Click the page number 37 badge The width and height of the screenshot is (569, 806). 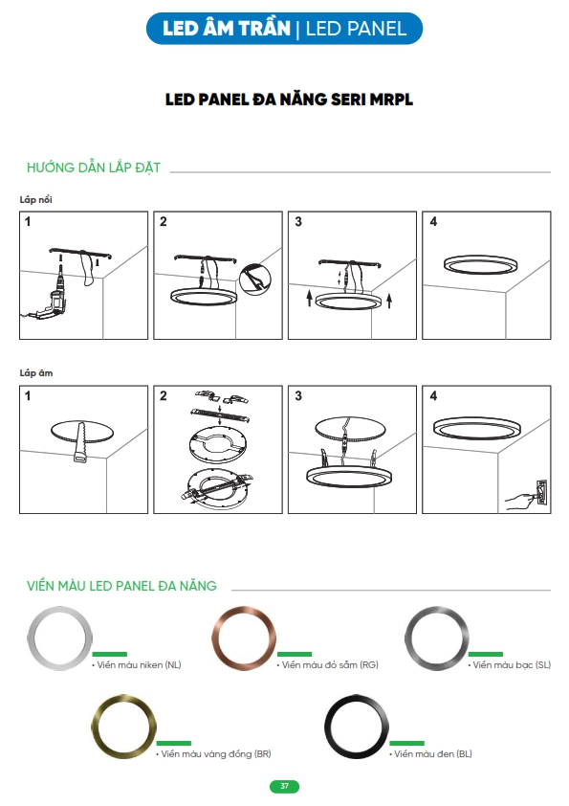coord(284,786)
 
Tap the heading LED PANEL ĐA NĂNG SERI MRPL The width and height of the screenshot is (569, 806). coord(289,100)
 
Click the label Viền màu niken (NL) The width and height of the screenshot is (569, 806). coord(137,664)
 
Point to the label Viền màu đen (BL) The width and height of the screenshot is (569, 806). coord(430,753)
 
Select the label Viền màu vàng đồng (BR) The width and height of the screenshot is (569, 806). coord(213,753)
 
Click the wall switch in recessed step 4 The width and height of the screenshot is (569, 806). coord(540,495)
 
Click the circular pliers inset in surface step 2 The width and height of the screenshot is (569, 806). coord(255,280)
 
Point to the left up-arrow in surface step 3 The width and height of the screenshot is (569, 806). coord(309,298)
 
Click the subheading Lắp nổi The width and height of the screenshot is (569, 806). coord(36,199)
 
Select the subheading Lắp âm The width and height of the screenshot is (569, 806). coord(36,372)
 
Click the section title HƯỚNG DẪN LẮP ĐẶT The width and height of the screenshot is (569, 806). coord(94,168)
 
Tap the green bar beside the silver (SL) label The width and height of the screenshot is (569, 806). coord(485,654)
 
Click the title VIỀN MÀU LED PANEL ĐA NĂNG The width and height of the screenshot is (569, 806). coord(121,586)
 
